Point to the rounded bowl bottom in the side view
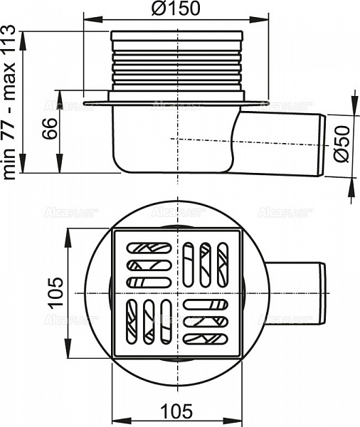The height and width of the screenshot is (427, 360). [x=171, y=166]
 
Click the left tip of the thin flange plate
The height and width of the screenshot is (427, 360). [x=85, y=105]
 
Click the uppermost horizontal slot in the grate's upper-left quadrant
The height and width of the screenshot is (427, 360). [x=149, y=248]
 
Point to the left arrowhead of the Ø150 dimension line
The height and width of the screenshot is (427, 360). [x=88, y=20]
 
